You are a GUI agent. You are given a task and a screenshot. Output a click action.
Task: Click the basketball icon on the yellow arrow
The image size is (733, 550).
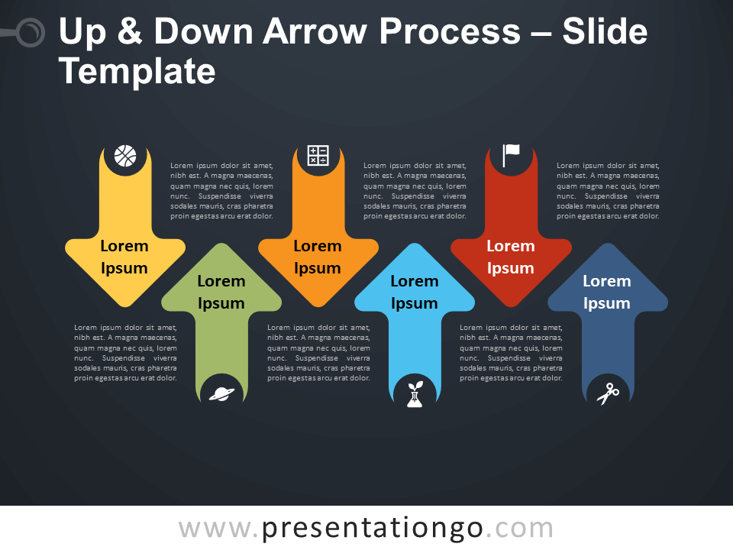pyautogui.click(x=125, y=156)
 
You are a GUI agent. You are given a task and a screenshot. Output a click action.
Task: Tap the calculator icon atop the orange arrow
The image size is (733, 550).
pyautogui.click(x=318, y=155)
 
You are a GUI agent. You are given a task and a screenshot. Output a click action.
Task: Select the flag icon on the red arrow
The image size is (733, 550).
pyautogui.click(x=511, y=155)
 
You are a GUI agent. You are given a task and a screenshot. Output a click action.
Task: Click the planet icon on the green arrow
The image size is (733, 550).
pyautogui.click(x=221, y=394)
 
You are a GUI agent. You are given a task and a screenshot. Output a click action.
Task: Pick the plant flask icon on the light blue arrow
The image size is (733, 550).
pyautogui.click(x=415, y=394)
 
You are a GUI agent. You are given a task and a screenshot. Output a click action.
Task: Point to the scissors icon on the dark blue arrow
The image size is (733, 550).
pyautogui.click(x=608, y=394)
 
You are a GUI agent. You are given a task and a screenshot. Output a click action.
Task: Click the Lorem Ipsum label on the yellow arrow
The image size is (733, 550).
pyautogui.click(x=124, y=257)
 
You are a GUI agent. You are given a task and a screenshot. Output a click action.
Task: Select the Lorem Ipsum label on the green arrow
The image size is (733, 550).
pyautogui.click(x=221, y=292)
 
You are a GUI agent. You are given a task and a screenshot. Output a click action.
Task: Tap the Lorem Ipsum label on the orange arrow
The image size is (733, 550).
pyautogui.click(x=318, y=257)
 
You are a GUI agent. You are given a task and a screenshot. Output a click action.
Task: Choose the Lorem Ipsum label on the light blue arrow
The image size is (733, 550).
pyautogui.click(x=415, y=292)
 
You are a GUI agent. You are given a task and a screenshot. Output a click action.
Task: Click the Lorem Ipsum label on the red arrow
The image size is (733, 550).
pyautogui.click(x=511, y=257)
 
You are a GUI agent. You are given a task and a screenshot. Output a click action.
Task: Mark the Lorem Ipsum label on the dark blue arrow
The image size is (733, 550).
pyautogui.click(x=607, y=292)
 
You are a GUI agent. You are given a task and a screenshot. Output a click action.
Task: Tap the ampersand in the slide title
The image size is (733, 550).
pyautogui.click(x=130, y=31)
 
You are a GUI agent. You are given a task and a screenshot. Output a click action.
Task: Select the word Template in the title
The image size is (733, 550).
pyautogui.click(x=137, y=72)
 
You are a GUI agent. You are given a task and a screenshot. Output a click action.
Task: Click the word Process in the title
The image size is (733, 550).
pyautogui.click(x=450, y=31)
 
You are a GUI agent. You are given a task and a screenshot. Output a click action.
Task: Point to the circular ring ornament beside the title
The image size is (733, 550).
pyautogui.click(x=31, y=33)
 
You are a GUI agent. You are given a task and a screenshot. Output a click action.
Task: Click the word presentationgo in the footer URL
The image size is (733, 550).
pyautogui.click(x=373, y=529)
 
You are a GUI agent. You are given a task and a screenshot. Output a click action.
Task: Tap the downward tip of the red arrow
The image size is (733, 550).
pyautogui.click(x=511, y=307)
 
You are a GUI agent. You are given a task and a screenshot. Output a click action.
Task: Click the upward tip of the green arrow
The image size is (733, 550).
pyautogui.click(x=221, y=244)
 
